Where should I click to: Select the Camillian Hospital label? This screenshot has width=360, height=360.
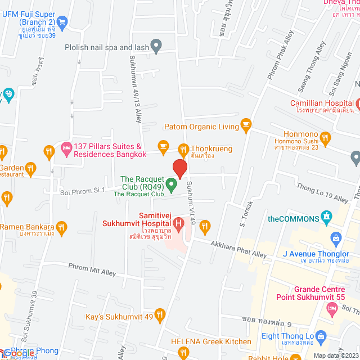321,103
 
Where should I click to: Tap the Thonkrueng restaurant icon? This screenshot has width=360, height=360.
183,149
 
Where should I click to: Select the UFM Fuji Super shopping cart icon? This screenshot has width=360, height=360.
62,23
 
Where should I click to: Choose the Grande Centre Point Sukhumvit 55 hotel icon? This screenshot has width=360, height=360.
332,308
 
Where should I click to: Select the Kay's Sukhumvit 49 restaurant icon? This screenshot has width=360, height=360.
160,314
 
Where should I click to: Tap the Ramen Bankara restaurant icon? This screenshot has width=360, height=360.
62,227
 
